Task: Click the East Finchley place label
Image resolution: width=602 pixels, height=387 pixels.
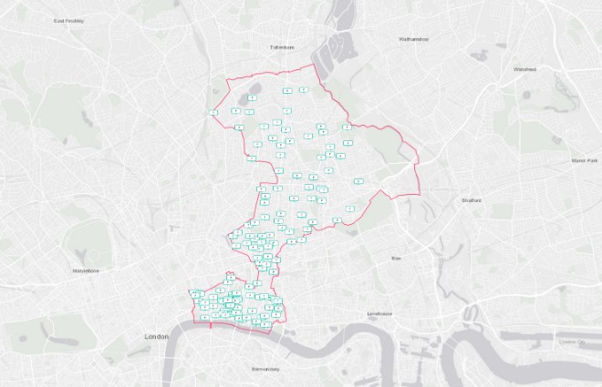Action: click(x=68, y=20)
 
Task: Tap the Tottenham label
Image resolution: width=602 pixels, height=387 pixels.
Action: click(x=283, y=46)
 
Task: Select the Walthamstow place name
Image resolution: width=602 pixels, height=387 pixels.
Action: click(x=414, y=39)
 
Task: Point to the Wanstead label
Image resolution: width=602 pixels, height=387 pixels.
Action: click(x=524, y=69)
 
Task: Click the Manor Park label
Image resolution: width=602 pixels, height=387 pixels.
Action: click(x=583, y=160)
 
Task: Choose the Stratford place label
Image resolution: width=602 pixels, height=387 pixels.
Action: click(x=471, y=199)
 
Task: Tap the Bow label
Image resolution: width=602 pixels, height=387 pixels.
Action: click(x=397, y=259)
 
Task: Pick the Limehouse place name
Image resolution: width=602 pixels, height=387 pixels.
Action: click(x=379, y=313)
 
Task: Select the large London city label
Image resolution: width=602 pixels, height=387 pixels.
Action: click(x=157, y=336)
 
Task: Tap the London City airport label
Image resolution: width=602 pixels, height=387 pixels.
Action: click(x=573, y=341)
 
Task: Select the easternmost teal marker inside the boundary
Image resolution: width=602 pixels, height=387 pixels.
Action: click(x=358, y=181)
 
